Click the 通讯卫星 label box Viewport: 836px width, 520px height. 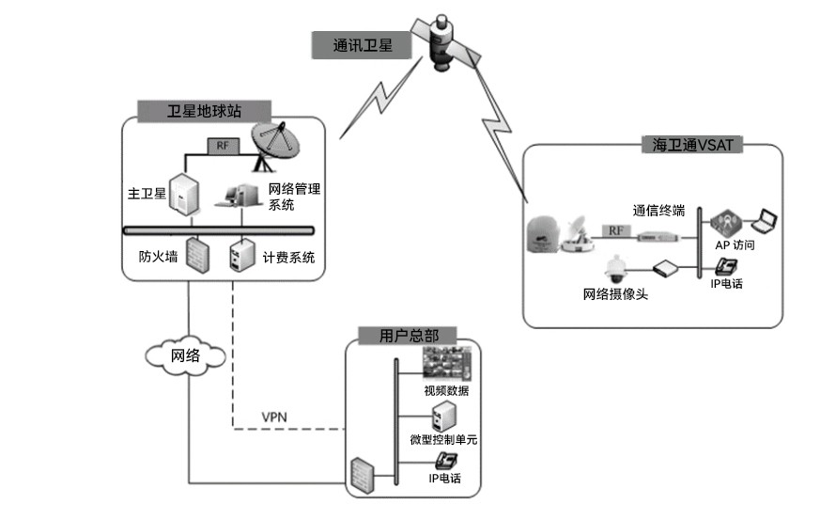click(x=363, y=44)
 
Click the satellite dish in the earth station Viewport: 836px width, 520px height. click(x=280, y=146)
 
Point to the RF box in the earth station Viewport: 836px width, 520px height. click(x=222, y=147)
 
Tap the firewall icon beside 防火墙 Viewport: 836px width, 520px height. click(x=196, y=256)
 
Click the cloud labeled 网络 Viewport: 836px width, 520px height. click(x=186, y=355)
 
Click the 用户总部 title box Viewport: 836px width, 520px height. click(x=403, y=335)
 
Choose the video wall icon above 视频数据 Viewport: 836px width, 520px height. click(x=446, y=364)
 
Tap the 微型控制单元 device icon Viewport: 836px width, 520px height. click(x=441, y=416)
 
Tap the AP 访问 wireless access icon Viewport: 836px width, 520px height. click(x=726, y=223)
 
